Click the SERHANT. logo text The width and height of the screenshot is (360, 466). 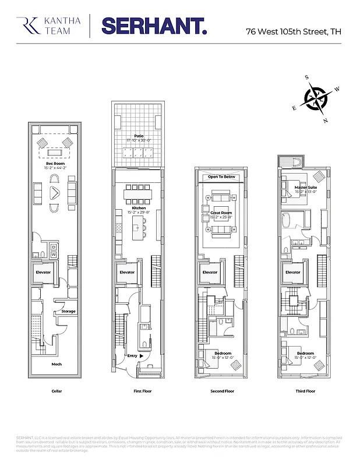pos(154,26)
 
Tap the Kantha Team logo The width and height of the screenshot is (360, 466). pos(43,26)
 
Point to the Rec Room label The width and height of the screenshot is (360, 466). pos(55,164)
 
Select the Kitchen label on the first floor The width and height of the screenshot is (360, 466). pos(139,208)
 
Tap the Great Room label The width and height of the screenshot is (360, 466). pos(222,213)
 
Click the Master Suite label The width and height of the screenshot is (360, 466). pos(305,187)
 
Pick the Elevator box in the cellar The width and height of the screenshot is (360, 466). pos(44,272)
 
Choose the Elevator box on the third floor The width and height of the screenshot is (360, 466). pos(293,272)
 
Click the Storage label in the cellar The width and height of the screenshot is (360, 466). pos(69,311)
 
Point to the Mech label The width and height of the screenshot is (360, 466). pos(56,364)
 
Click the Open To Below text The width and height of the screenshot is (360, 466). pos(222,176)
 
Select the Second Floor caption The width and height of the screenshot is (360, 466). pos(222,391)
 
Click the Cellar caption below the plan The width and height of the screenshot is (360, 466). pos(56,391)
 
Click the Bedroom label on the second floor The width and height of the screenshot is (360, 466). pos(222,354)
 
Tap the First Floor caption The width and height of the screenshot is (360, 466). pos(139,391)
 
